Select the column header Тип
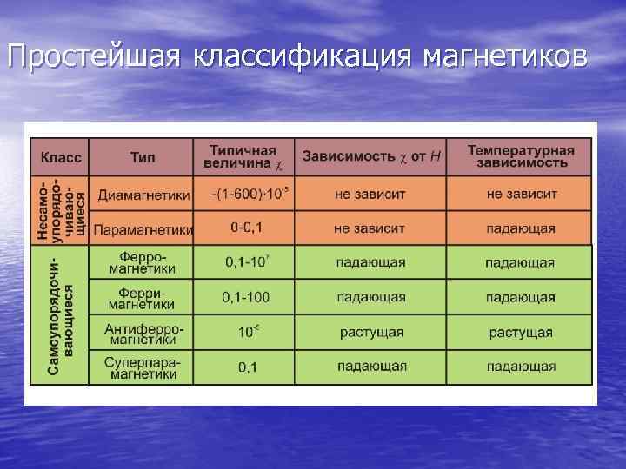[143, 157]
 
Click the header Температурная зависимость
[521, 156]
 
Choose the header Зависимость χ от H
[370, 156]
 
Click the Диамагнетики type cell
[142, 194]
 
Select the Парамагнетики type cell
[143, 229]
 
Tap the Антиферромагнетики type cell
[143, 334]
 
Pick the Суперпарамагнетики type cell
[143, 367]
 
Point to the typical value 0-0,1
[246, 228]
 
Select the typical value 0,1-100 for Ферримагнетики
[245, 297]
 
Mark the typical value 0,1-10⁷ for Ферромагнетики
[246, 261]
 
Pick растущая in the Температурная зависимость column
[521, 332]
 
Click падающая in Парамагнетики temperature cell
[521, 228]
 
